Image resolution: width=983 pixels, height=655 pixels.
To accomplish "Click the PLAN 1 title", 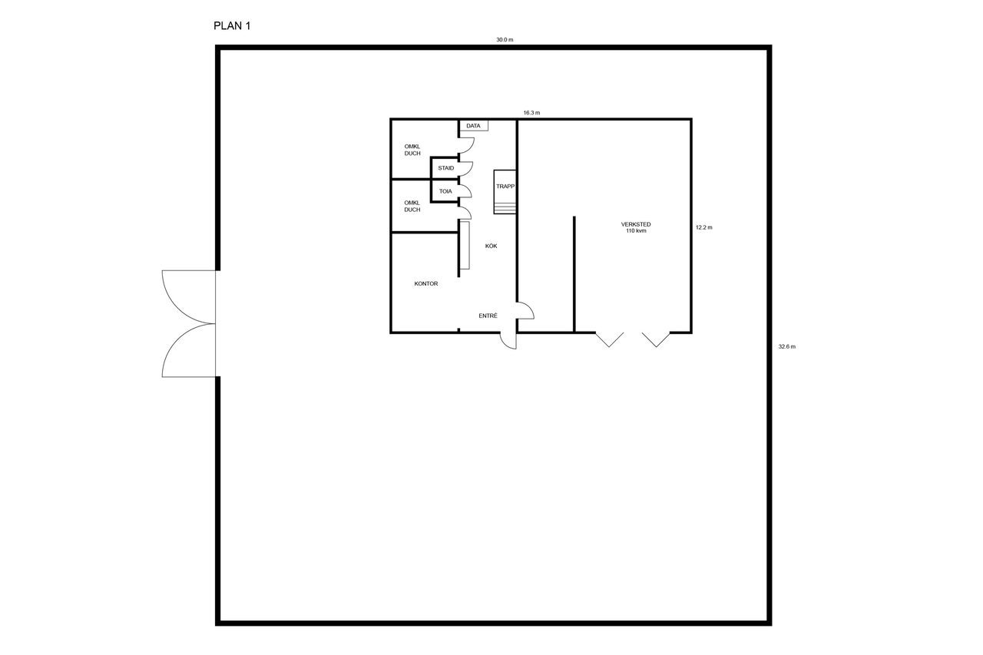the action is [232, 26].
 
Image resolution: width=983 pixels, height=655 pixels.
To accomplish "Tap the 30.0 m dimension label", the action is [505, 39].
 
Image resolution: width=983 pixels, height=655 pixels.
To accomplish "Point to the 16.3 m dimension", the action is [531, 113].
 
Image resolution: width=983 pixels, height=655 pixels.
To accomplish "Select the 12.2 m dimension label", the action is [704, 227].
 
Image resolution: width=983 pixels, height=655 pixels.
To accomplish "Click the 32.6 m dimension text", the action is [787, 346].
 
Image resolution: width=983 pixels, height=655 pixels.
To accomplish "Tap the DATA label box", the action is [474, 126].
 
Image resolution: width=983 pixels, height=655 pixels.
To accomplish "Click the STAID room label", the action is [446, 168].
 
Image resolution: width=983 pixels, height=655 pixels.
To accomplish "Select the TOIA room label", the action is [445, 191].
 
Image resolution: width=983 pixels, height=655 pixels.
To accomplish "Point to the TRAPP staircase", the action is [505, 192].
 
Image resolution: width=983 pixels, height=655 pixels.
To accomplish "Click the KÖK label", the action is [491, 246].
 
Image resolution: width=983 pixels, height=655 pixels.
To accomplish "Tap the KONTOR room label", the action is [426, 284].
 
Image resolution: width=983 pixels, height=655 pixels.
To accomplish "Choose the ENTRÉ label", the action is [488, 316].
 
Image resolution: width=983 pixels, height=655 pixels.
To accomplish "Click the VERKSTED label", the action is [636, 224].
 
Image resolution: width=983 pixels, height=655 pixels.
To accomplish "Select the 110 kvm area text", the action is [636, 231].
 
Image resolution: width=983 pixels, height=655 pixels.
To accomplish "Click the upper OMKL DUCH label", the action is [412, 150].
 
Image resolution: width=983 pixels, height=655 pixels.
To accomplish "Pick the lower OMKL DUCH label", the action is [412, 207].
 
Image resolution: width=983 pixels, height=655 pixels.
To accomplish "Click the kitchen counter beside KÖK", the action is [465, 245].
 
